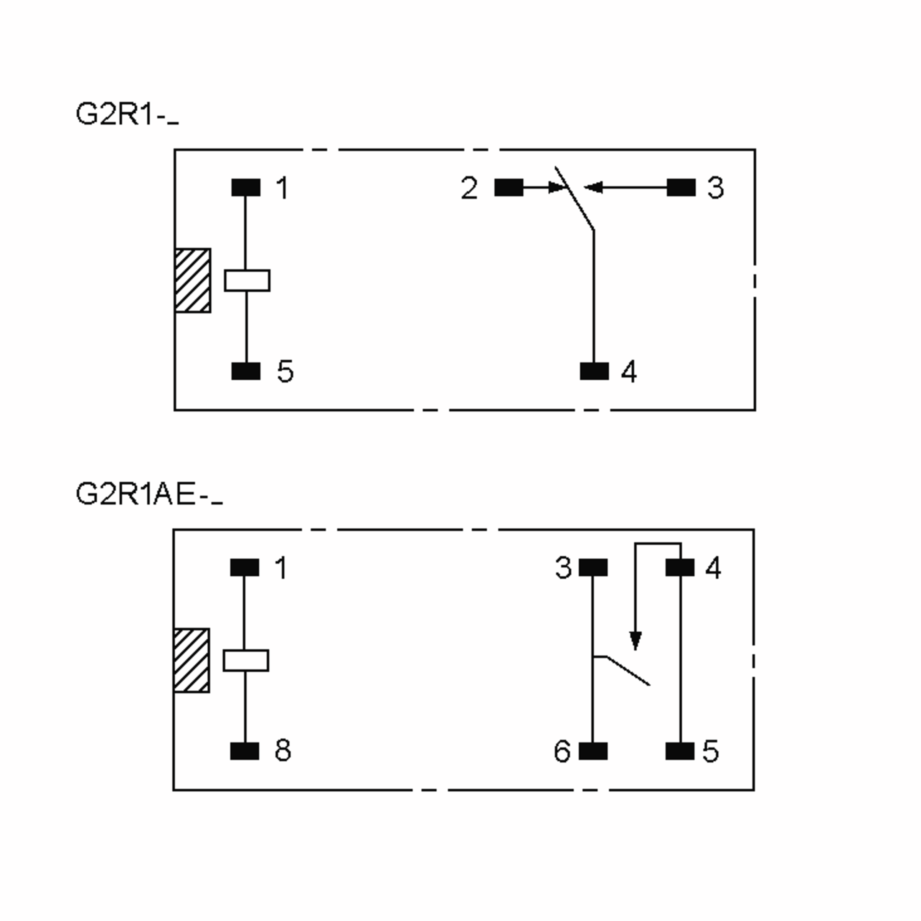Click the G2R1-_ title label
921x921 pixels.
pyautogui.click(x=127, y=115)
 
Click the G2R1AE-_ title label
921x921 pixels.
pyautogui.click(x=149, y=494)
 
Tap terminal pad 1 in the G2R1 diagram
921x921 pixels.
pyautogui.click(x=246, y=187)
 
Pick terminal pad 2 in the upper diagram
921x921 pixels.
pyautogui.click(x=508, y=187)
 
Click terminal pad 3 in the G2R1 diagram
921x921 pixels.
pyautogui.click(x=681, y=187)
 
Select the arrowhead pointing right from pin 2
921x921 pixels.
pyautogui.click(x=557, y=187)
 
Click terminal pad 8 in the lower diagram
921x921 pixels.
pyautogui.click(x=244, y=751)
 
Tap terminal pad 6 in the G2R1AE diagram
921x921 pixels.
pyautogui.click(x=593, y=751)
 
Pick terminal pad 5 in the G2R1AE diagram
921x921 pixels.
pyautogui.click(x=680, y=751)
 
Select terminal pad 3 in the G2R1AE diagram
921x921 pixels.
pyautogui.click(x=593, y=567)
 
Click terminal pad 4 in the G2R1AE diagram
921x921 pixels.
pyautogui.click(x=680, y=567)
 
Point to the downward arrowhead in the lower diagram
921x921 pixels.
pyautogui.click(x=635, y=640)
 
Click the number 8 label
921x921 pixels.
pyautogui.click(x=283, y=750)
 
